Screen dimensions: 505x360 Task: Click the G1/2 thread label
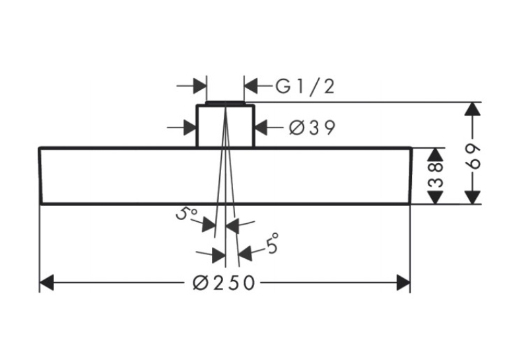click(305, 87)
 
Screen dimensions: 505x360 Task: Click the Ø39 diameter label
click(312, 127)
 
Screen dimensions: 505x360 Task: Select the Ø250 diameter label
click(224, 283)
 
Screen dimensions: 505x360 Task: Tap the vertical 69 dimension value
click(473, 157)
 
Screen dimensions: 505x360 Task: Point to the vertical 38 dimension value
click(436, 176)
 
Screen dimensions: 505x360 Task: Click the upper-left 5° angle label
click(186, 213)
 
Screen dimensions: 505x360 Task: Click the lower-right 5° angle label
click(272, 243)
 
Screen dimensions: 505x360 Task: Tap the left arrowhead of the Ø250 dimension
click(46, 283)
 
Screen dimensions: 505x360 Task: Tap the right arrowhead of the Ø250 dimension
click(403, 283)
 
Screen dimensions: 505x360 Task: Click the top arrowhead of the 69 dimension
click(473, 108)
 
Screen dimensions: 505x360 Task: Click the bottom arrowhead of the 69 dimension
click(473, 198)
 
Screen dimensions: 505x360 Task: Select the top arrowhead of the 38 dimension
click(435, 155)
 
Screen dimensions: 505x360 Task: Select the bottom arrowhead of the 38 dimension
click(435, 198)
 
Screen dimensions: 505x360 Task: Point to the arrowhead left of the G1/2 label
click(252, 86)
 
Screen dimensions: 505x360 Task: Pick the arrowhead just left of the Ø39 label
click(261, 127)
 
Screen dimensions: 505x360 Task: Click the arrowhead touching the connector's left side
click(190, 127)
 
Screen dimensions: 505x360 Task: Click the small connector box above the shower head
click(226, 125)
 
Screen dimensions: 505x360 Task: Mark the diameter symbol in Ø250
click(201, 283)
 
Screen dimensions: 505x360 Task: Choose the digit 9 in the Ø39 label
click(329, 127)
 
